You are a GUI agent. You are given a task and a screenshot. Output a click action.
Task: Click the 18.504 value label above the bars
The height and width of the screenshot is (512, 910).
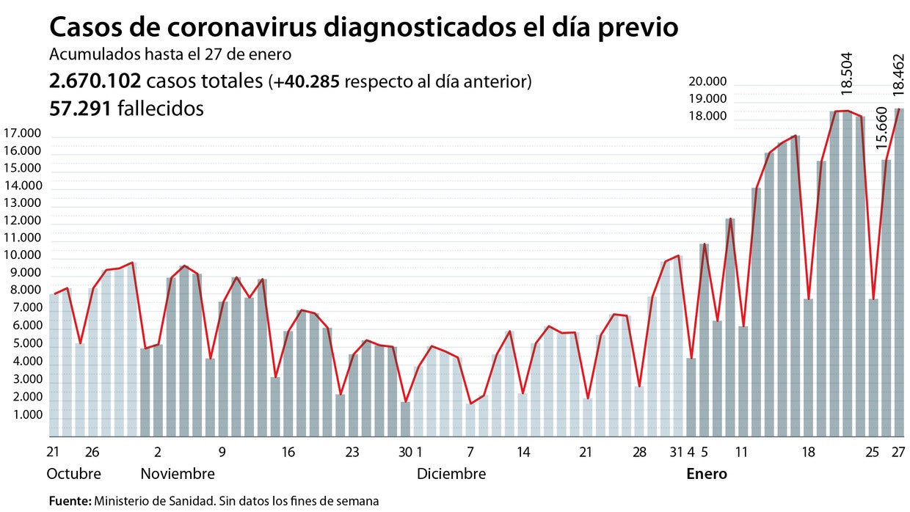[848, 73]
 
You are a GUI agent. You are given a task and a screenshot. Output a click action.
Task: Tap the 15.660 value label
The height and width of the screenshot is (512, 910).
[883, 128]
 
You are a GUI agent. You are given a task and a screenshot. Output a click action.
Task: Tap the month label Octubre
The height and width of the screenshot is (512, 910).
[74, 474]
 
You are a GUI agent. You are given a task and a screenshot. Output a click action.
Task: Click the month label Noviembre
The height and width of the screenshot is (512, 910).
[178, 474]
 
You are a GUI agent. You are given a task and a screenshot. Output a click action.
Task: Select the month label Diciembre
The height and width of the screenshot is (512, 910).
[451, 474]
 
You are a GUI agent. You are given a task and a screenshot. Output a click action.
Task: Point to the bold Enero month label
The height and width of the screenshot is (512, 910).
[707, 474]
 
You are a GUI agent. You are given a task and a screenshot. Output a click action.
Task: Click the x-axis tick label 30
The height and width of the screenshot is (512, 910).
[404, 453]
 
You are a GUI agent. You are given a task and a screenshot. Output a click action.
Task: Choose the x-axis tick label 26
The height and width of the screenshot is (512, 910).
[92, 453]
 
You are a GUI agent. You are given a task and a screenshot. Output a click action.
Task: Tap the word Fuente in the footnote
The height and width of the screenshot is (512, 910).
[69, 502]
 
